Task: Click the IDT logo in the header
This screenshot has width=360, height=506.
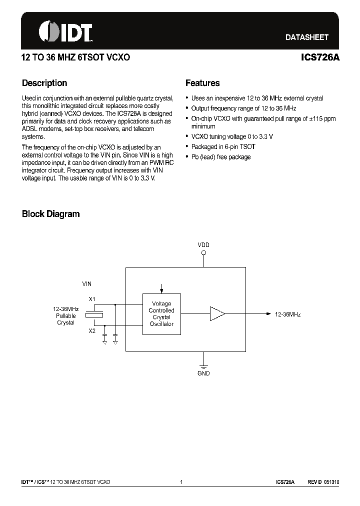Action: [65, 32]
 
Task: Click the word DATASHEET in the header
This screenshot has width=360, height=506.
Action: [306, 37]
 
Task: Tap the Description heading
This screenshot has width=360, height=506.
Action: [44, 83]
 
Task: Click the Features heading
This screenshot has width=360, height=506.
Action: [202, 83]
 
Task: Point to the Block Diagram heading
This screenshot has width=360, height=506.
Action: [50, 214]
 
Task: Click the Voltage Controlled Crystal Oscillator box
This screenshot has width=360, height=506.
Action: [161, 314]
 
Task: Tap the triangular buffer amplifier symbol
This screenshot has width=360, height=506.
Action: [217, 314]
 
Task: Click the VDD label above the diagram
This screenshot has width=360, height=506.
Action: [203, 245]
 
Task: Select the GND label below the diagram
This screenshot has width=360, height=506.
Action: [203, 373]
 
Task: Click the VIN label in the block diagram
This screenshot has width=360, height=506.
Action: [87, 283]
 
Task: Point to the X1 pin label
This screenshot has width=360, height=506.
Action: [91, 299]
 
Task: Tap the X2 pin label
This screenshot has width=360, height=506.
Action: [91, 331]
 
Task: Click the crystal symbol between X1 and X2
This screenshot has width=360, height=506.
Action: [94, 314]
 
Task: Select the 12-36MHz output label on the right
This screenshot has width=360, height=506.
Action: [287, 314]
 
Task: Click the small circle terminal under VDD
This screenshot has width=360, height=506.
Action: [203, 253]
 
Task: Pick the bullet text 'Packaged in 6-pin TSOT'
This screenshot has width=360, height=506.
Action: [223, 147]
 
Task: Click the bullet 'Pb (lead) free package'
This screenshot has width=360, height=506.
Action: [221, 157]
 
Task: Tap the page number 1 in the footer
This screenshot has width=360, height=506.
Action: [181, 482]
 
